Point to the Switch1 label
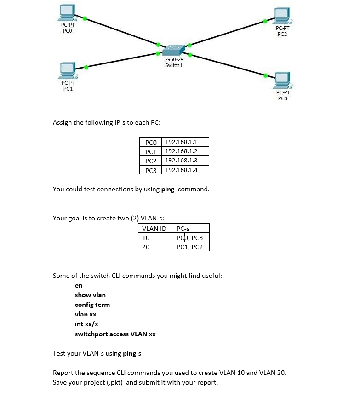tap(174, 65)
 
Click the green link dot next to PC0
tap(85, 18)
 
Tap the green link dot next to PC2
tap(264, 21)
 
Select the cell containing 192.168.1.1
tap(181, 142)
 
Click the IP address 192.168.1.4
tap(181, 170)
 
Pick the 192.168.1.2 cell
tap(181, 151)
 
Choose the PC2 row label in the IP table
tap(151, 161)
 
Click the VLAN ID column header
tap(154, 229)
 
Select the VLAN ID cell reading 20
tap(146, 247)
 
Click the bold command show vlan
tap(90, 295)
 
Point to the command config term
tap(92, 305)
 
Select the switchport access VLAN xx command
tap(115, 334)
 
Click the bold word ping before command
tap(168, 189)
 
